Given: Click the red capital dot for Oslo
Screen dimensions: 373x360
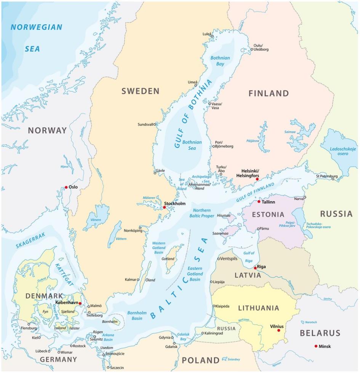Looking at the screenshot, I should click(66, 187).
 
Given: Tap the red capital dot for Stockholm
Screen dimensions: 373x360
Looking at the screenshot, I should click(165, 207).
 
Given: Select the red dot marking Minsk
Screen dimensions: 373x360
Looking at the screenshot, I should click(316, 346).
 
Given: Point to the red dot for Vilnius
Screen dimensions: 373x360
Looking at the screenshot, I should click(278, 330).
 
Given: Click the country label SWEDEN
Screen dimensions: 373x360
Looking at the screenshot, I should click(140, 91).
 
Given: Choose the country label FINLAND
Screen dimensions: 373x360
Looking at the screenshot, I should click(269, 93).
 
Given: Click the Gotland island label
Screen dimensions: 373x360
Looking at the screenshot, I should click(168, 259).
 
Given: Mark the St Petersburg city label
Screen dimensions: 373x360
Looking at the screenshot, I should click(326, 176).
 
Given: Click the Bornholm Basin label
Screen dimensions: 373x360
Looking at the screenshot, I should click(134, 316).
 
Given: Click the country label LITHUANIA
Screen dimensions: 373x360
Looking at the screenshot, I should click(259, 308).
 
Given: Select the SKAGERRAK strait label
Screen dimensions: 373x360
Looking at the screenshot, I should click(30, 241).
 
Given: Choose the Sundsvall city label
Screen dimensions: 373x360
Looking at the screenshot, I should click(145, 124).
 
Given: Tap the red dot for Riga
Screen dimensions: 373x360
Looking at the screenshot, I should click(255, 268).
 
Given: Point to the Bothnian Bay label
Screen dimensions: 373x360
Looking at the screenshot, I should click(220, 61).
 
